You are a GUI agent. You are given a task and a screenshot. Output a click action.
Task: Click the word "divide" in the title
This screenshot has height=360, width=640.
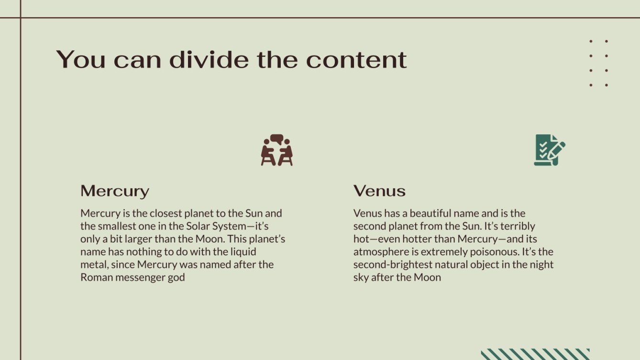(x=209, y=59)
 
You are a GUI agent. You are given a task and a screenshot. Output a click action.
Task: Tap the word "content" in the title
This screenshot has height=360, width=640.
(x=356, y=59)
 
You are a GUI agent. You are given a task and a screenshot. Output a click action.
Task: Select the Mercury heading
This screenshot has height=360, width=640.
(x=115, y=191)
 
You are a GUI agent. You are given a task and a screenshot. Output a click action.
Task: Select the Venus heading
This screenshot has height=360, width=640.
(x=379, y=191)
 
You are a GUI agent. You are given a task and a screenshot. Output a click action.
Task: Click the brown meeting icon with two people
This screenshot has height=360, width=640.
(x=276, y=150)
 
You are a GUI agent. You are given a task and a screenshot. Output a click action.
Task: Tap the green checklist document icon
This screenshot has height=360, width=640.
(x=550, y=150)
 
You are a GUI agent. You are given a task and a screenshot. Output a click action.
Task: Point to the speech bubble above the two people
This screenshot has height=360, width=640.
(x=276, y=139)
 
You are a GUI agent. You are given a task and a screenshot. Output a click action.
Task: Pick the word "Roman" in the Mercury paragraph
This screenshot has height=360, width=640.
(x=97, y=277)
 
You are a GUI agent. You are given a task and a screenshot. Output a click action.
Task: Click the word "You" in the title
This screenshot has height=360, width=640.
(x=81, y=59)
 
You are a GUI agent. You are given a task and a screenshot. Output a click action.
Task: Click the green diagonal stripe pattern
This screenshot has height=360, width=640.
(x=535, y=354)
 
